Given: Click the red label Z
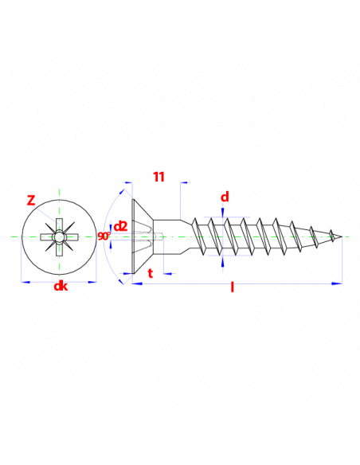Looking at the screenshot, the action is (31, 201).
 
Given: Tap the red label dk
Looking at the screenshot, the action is (61, 286).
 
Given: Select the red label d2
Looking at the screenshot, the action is (120, 227).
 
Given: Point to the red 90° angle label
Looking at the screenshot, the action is (104, 236).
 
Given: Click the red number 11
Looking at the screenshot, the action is (158, 177).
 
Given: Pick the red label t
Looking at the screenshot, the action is (151, 273).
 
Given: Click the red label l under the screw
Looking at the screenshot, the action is (233, 287).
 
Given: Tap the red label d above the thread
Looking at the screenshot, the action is (225, 197).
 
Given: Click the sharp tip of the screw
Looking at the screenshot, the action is (342, 236).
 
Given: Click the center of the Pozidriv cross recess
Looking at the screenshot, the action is (59, 237).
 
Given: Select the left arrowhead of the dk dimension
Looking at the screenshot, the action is (25, 282).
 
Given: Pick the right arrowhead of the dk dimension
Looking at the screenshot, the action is (92, 282).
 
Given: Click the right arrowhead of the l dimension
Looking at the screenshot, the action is (338, 283).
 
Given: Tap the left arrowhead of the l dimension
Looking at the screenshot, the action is (137, 283).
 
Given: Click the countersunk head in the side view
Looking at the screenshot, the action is (143, 236).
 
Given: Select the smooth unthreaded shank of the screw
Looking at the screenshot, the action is (166, 236).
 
